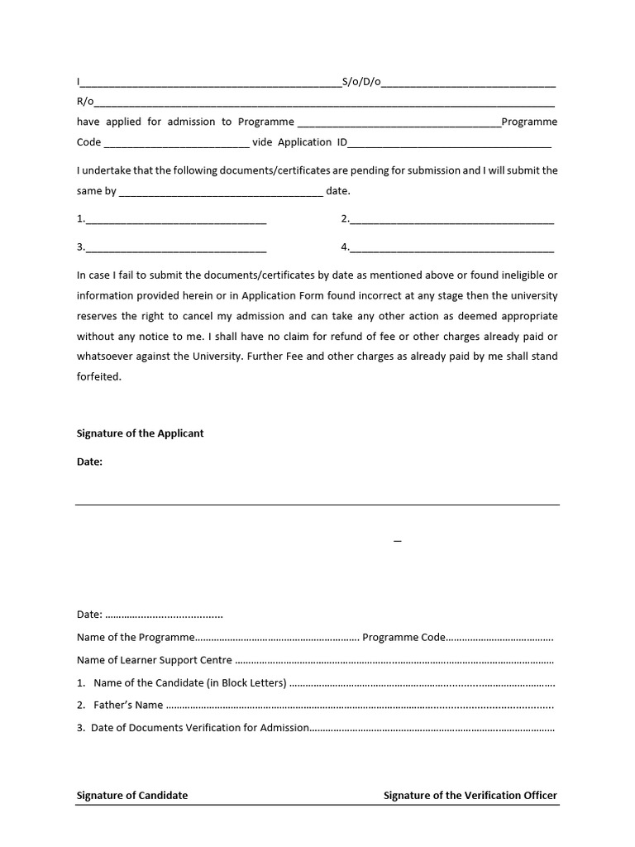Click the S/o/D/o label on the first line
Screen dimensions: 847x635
click(360, 82)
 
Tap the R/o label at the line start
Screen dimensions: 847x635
click(85, 102)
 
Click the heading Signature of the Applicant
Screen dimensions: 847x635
click(140, 433)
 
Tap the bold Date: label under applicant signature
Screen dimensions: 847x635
click(89, 462)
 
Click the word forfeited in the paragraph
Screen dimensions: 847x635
click(99, 376)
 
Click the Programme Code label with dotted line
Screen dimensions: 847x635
click(403, 638)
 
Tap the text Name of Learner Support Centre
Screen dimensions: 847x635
click(154, 660)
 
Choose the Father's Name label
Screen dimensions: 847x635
click(128, 706)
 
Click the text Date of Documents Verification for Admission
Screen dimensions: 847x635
click(200, 728)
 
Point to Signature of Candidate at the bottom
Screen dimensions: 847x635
click(132, 796)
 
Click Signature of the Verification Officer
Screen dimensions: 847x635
click(470, 796)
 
